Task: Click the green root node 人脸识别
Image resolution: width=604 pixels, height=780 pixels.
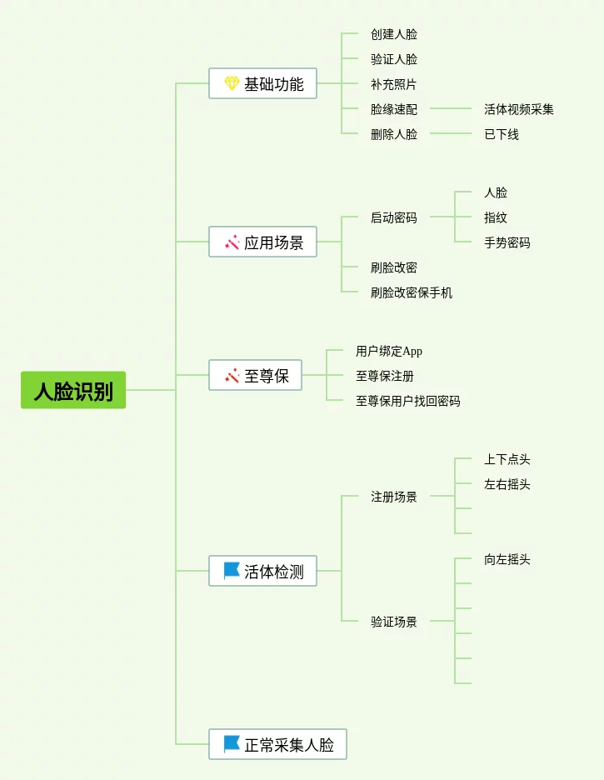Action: tap(73, 390)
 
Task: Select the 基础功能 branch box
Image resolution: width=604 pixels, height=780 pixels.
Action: tap(262, 83)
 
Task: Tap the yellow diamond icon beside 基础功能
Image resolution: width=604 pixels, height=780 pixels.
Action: tap(232, 83)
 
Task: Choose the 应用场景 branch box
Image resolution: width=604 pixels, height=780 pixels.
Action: tap(262, 242)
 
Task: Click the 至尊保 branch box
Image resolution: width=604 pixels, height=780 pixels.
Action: tap(255, 375)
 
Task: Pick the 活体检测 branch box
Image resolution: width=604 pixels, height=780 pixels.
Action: tap(262, 571)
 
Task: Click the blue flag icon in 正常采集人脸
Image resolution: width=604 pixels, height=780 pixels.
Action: tap(232, 744)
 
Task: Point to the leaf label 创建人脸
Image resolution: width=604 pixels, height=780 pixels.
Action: tap(394, 34)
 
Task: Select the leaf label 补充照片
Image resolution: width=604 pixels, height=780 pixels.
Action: tap(394, 84)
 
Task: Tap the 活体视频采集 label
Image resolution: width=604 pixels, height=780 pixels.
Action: tap(519, 109)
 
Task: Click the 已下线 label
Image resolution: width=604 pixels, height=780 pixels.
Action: tap(502, 134)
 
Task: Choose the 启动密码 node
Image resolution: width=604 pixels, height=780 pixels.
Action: tap(394, 217)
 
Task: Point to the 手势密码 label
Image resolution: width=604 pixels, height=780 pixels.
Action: tap(507, 242)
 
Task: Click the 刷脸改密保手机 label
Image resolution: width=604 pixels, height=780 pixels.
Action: tap(412, 292)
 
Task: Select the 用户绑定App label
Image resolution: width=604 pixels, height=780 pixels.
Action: tap(389, 351)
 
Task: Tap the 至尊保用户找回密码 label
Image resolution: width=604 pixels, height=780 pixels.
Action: tap(408, 401)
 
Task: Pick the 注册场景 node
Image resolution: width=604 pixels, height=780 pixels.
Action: tap(394, 497)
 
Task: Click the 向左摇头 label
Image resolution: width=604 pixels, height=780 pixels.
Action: tap(507, 559)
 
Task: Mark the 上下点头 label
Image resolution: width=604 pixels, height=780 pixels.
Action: tap(507, 459)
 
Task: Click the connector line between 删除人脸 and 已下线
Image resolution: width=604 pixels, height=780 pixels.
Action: tap(450, 133)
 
